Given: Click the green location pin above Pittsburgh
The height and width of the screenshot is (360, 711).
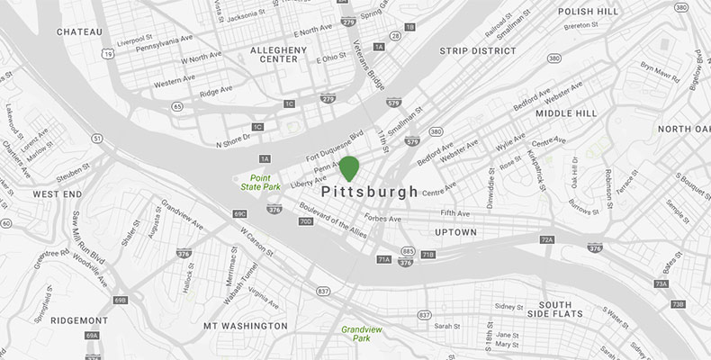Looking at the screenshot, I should (348, 167).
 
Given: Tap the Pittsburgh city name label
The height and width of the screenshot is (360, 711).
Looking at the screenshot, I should (369, 192).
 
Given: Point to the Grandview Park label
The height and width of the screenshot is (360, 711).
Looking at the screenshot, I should (362, 334).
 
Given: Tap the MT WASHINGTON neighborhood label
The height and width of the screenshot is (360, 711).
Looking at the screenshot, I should (245, 326).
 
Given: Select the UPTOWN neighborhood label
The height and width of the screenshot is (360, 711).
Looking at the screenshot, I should (455, 232).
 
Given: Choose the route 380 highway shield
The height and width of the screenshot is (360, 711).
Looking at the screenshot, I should (436, 131).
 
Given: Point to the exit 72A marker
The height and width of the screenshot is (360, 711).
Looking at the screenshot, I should (547, 240).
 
